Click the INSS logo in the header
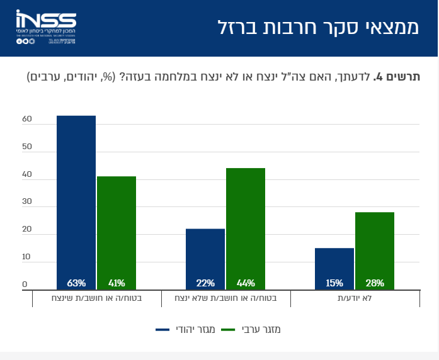click(x=47, y=28)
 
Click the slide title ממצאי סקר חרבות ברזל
click(x=319, y=28)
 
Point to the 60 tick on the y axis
click(x=26, y=119)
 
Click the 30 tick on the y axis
click(x=26, y=202)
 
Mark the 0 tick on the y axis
click(x=25, y=284)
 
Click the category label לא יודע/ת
click(x=355, y=298)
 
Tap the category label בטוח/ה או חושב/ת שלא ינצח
click(x=225, y=298)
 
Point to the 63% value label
click(x=76, y=283)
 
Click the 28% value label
click(x=375, y=283)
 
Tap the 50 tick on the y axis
click(x=26, y=147)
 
